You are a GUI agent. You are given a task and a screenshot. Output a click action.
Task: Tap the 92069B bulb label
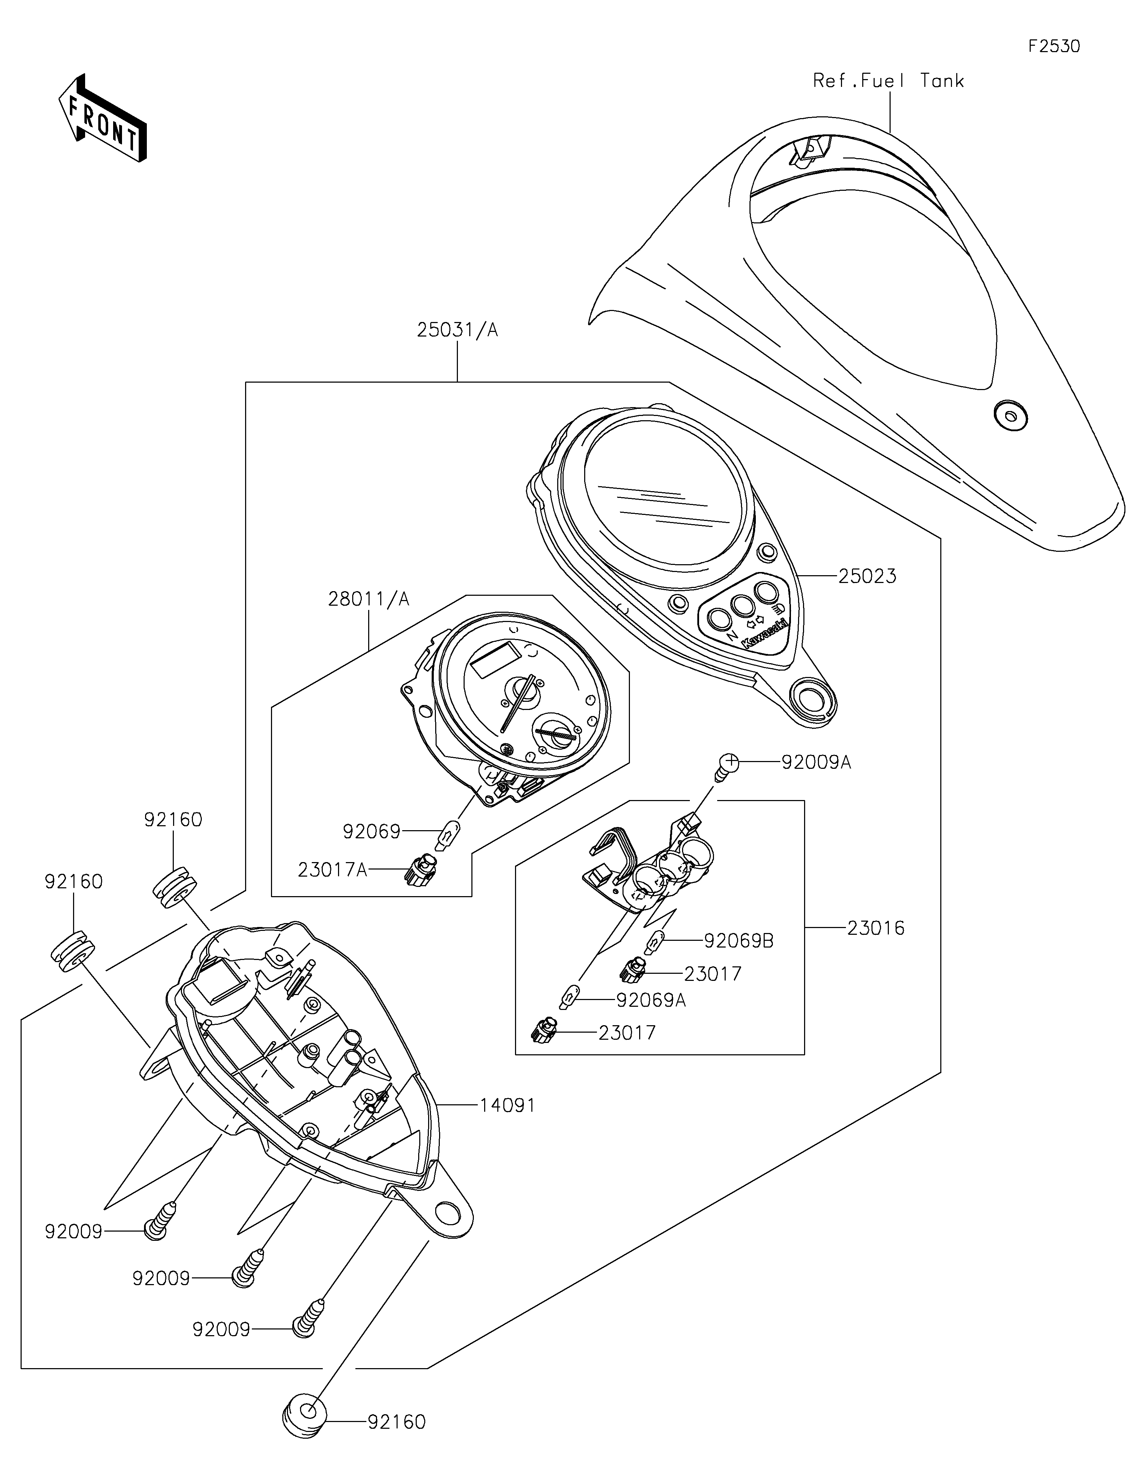click(738, 941)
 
